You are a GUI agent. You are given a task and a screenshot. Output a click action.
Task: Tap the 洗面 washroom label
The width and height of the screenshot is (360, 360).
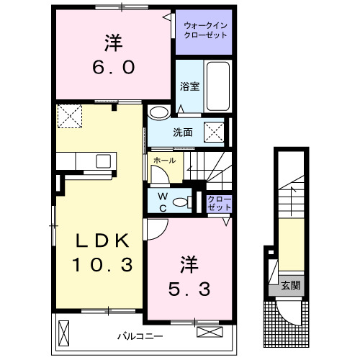point(182,132)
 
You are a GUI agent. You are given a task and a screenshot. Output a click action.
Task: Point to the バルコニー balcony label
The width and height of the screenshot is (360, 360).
point(140,336)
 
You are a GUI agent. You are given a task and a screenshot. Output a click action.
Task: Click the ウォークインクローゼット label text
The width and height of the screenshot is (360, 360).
point(205,32)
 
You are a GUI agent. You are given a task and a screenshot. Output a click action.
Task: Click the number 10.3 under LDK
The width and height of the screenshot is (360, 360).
point(102,265)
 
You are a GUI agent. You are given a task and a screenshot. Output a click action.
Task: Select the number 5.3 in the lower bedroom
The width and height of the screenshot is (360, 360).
point(190,289)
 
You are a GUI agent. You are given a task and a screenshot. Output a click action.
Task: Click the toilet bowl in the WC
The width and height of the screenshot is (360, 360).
point(188,202)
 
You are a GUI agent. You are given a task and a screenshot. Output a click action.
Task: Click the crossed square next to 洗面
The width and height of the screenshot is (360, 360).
point(213,132)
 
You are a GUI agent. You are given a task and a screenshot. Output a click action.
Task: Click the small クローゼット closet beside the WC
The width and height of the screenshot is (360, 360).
point(219,202)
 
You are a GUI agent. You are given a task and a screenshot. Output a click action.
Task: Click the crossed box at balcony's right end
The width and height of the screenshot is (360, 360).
point(209,333)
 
